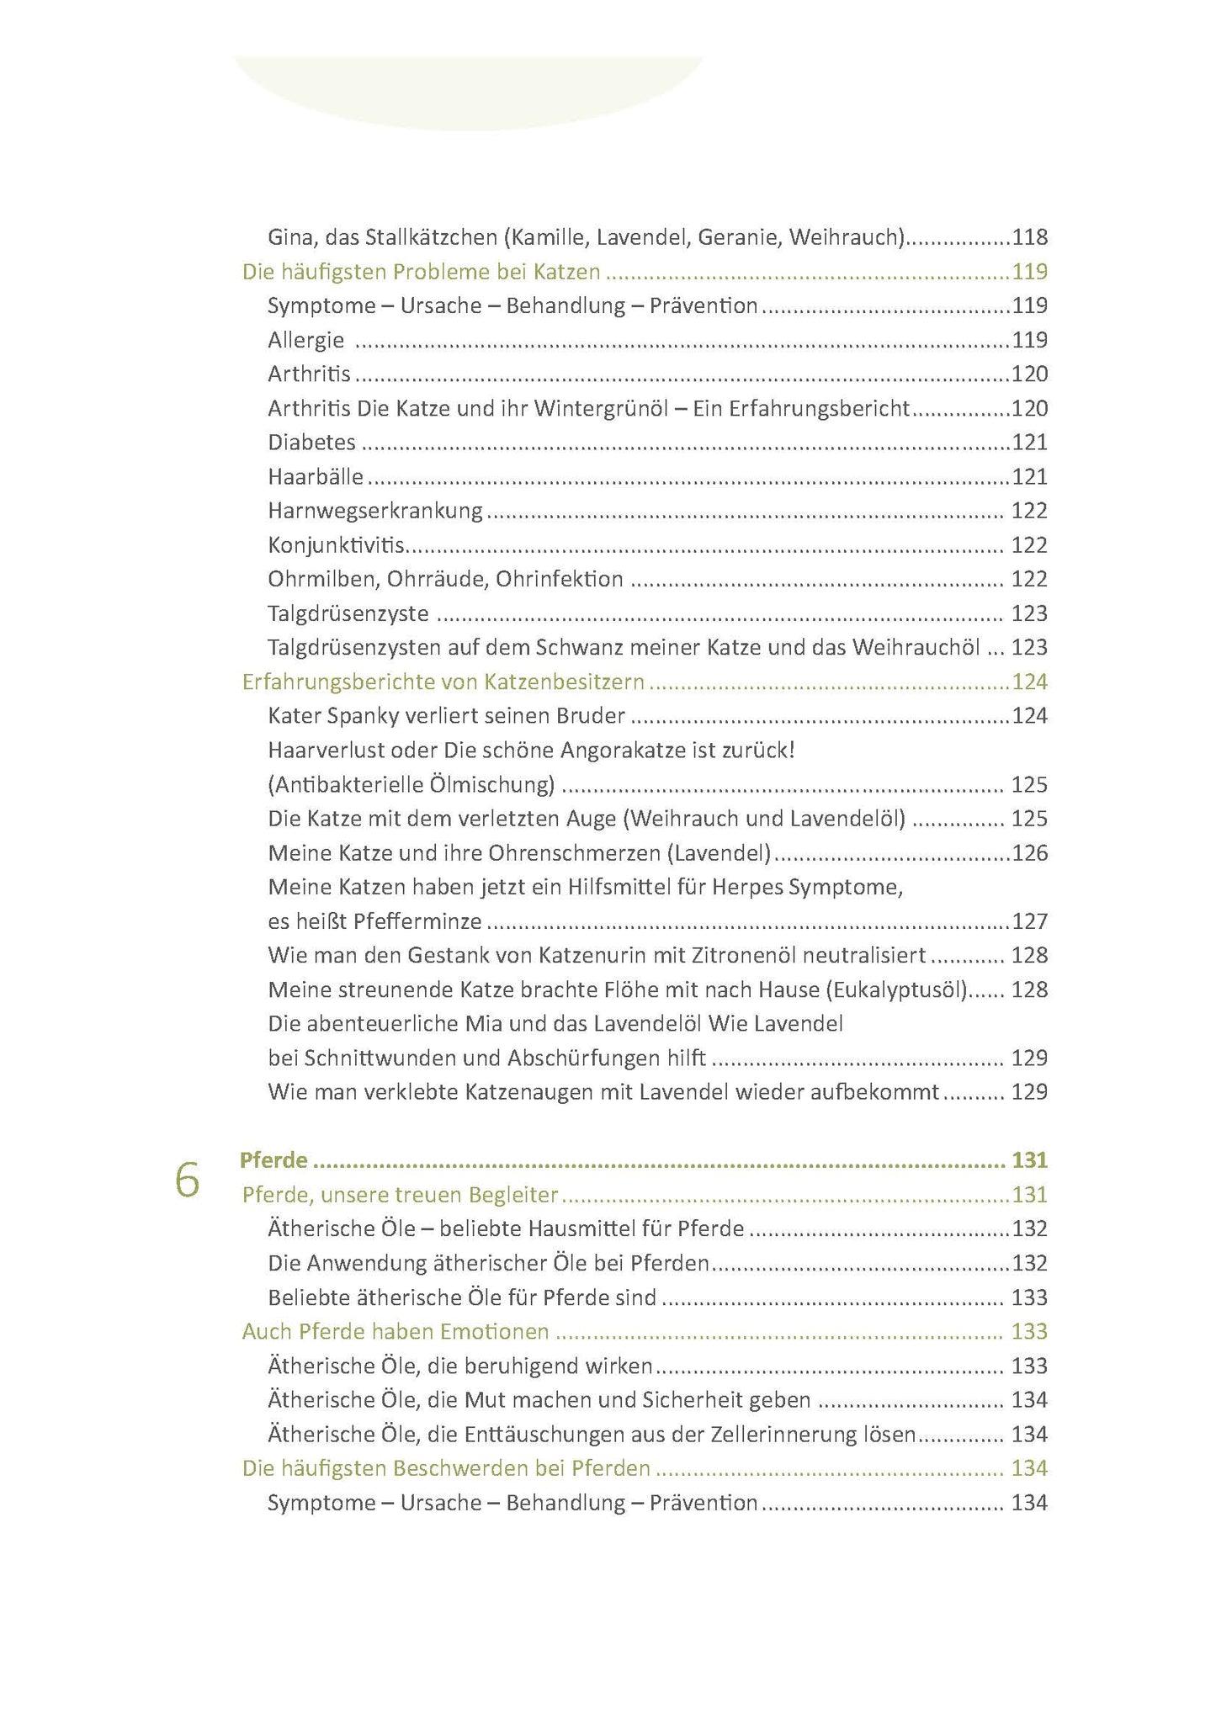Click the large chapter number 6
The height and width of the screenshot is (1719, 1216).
click(x=187, y=1181)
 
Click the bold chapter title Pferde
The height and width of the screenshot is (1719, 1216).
click(x=273, y=1160)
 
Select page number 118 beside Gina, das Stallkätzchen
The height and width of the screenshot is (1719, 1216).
click(x=1029, y=237)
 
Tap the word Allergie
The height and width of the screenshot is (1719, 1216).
click(x=306, y=340)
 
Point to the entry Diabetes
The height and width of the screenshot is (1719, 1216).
click(x=311, y=443)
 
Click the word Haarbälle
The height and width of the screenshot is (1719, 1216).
click(x=316, y=477)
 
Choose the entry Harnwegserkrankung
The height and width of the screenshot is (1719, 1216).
click(x=375, y=511)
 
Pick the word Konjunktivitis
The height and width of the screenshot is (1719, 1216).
click(x=336, y=545)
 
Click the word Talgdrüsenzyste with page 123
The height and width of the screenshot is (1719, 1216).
click(x=348, y=613)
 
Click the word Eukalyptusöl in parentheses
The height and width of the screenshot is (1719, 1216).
click(x=897, y=989)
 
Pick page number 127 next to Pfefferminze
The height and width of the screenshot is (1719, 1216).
click(x=1029, y=921)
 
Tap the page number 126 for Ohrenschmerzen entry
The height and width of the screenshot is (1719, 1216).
click(x=1029, y=853)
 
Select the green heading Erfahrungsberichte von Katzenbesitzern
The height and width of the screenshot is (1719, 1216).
click(x=443, y=682)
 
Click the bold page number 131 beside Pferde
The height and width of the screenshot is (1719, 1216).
click(x=1029, y=1160)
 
